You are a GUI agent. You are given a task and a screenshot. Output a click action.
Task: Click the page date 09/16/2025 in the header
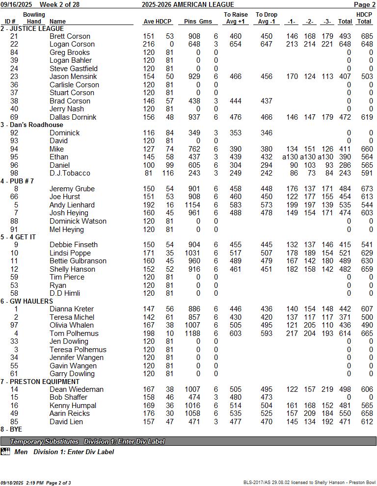click(16, 4)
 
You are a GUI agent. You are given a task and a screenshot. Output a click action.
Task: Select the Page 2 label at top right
click(365, 4)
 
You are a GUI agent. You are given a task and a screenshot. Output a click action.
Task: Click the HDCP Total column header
click(364, 18)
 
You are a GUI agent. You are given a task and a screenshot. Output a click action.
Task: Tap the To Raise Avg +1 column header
click(236, 18)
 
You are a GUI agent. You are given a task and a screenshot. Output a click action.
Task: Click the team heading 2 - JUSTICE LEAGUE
click(32, 28)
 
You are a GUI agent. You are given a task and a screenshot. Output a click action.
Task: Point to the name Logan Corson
click(72, 44)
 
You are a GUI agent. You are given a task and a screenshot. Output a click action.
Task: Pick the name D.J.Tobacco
click(70, 173)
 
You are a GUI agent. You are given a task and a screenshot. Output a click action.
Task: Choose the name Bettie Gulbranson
click(79, 261)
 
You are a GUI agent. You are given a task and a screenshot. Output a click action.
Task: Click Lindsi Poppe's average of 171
click(149, 253)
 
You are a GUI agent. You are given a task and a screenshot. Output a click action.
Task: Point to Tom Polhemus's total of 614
click(346, 333)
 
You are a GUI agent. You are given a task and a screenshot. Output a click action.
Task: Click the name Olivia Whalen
click(71, 325)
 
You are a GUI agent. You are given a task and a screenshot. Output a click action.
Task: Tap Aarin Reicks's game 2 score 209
click(309, 413)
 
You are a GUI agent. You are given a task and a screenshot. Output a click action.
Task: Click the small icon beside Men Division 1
click(5, 452)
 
